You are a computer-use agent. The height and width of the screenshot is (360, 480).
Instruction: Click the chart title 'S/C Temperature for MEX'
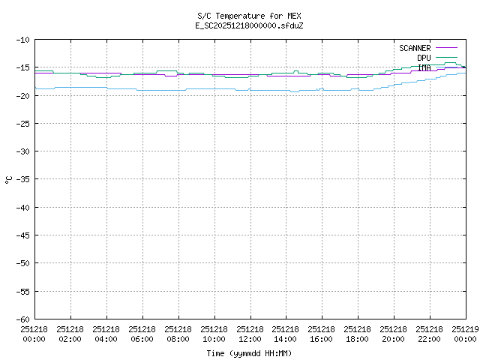tap(250, 15)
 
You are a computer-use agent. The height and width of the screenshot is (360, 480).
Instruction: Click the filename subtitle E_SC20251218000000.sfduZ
tap(250, 25)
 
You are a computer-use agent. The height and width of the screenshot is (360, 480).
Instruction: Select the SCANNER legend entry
tap(415, 48)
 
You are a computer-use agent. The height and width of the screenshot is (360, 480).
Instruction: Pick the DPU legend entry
tap(424, 58)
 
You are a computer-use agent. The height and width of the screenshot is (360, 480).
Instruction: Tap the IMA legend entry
tap(424, 67)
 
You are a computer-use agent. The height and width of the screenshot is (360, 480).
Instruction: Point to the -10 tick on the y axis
tap(21, 40)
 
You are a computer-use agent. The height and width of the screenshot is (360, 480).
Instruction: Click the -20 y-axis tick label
tap(21, 95)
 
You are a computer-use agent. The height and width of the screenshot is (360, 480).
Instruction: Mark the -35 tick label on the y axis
tap(21, 179)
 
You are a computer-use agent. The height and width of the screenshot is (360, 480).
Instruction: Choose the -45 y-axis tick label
tap(21, 235)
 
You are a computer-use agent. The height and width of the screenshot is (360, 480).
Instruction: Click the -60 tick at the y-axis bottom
tap(21, 319)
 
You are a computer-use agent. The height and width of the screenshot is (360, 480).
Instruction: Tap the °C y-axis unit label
tap(8, 179)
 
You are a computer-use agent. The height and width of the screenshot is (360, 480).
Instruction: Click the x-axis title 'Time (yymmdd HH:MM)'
tap(250, 353)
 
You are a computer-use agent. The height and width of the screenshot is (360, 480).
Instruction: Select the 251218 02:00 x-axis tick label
tap(70, 333)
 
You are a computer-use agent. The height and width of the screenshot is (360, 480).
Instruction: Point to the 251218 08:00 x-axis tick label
tap(178, 333)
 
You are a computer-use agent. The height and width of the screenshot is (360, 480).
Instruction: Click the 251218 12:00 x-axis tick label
tap(250, 333)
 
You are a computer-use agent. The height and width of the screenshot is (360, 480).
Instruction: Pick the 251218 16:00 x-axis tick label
tap(322, 333)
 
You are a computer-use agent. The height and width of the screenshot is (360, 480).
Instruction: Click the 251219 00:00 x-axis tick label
tap(465, 333)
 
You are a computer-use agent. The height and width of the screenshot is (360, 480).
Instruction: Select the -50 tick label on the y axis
tap(21, 263)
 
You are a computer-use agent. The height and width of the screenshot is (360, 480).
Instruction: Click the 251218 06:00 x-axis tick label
tap(142, 333)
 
